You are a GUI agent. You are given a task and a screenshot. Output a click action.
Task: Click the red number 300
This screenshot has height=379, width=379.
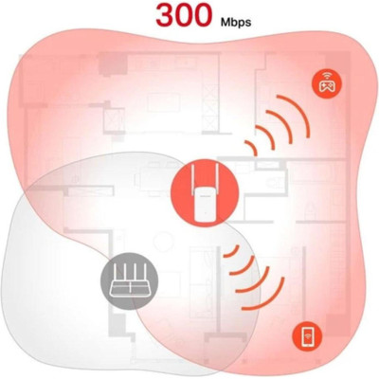[184, 14]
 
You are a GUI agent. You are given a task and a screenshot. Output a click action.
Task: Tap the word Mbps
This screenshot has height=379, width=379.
[236, 23]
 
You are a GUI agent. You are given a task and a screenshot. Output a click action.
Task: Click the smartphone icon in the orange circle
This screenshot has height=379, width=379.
[307, 335]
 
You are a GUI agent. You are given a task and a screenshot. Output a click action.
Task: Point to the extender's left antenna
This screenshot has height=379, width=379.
[192, 179]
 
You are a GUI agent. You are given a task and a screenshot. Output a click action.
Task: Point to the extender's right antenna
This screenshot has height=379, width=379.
[216, 179]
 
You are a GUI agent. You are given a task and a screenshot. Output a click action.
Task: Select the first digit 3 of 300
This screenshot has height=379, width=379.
[166, 15]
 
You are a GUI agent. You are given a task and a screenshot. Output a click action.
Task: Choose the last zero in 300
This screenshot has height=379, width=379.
[202, 15]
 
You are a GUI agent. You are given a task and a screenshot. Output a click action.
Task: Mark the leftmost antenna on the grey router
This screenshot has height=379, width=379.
[116, 273]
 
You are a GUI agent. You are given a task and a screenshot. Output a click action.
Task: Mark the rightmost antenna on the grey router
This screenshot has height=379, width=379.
[143, 273]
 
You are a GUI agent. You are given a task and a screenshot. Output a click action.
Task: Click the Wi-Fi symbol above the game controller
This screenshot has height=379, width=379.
[326, 76]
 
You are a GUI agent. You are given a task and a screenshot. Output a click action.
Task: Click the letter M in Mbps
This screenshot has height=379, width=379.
[225, 23]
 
